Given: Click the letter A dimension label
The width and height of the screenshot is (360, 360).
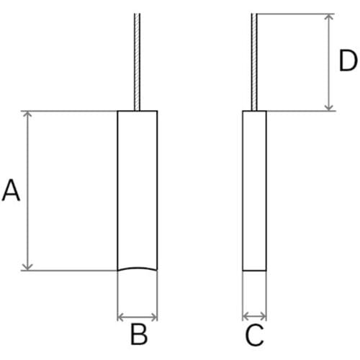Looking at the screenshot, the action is tap(11, 190).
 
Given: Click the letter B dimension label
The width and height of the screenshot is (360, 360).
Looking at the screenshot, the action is tap(139, 334).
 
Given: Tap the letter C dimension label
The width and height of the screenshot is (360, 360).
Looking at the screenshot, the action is tap(254, 335).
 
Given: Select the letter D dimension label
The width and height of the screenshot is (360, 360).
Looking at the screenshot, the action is tap(348, 60).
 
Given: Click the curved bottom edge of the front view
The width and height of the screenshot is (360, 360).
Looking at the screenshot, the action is tap(138, 268).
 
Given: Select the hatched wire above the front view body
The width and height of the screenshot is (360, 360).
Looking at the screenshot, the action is tap(137, 62).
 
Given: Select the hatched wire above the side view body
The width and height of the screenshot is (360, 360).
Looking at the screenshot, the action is tap(254, 62).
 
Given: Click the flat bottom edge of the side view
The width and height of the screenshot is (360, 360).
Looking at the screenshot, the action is tap(254, 271).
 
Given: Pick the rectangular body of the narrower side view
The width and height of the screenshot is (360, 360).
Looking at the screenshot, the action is tap(254, 191).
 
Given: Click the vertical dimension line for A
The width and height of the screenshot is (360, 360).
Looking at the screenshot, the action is tap(27, 191).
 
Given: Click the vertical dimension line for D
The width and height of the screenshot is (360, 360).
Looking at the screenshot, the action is tap(329, 63).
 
